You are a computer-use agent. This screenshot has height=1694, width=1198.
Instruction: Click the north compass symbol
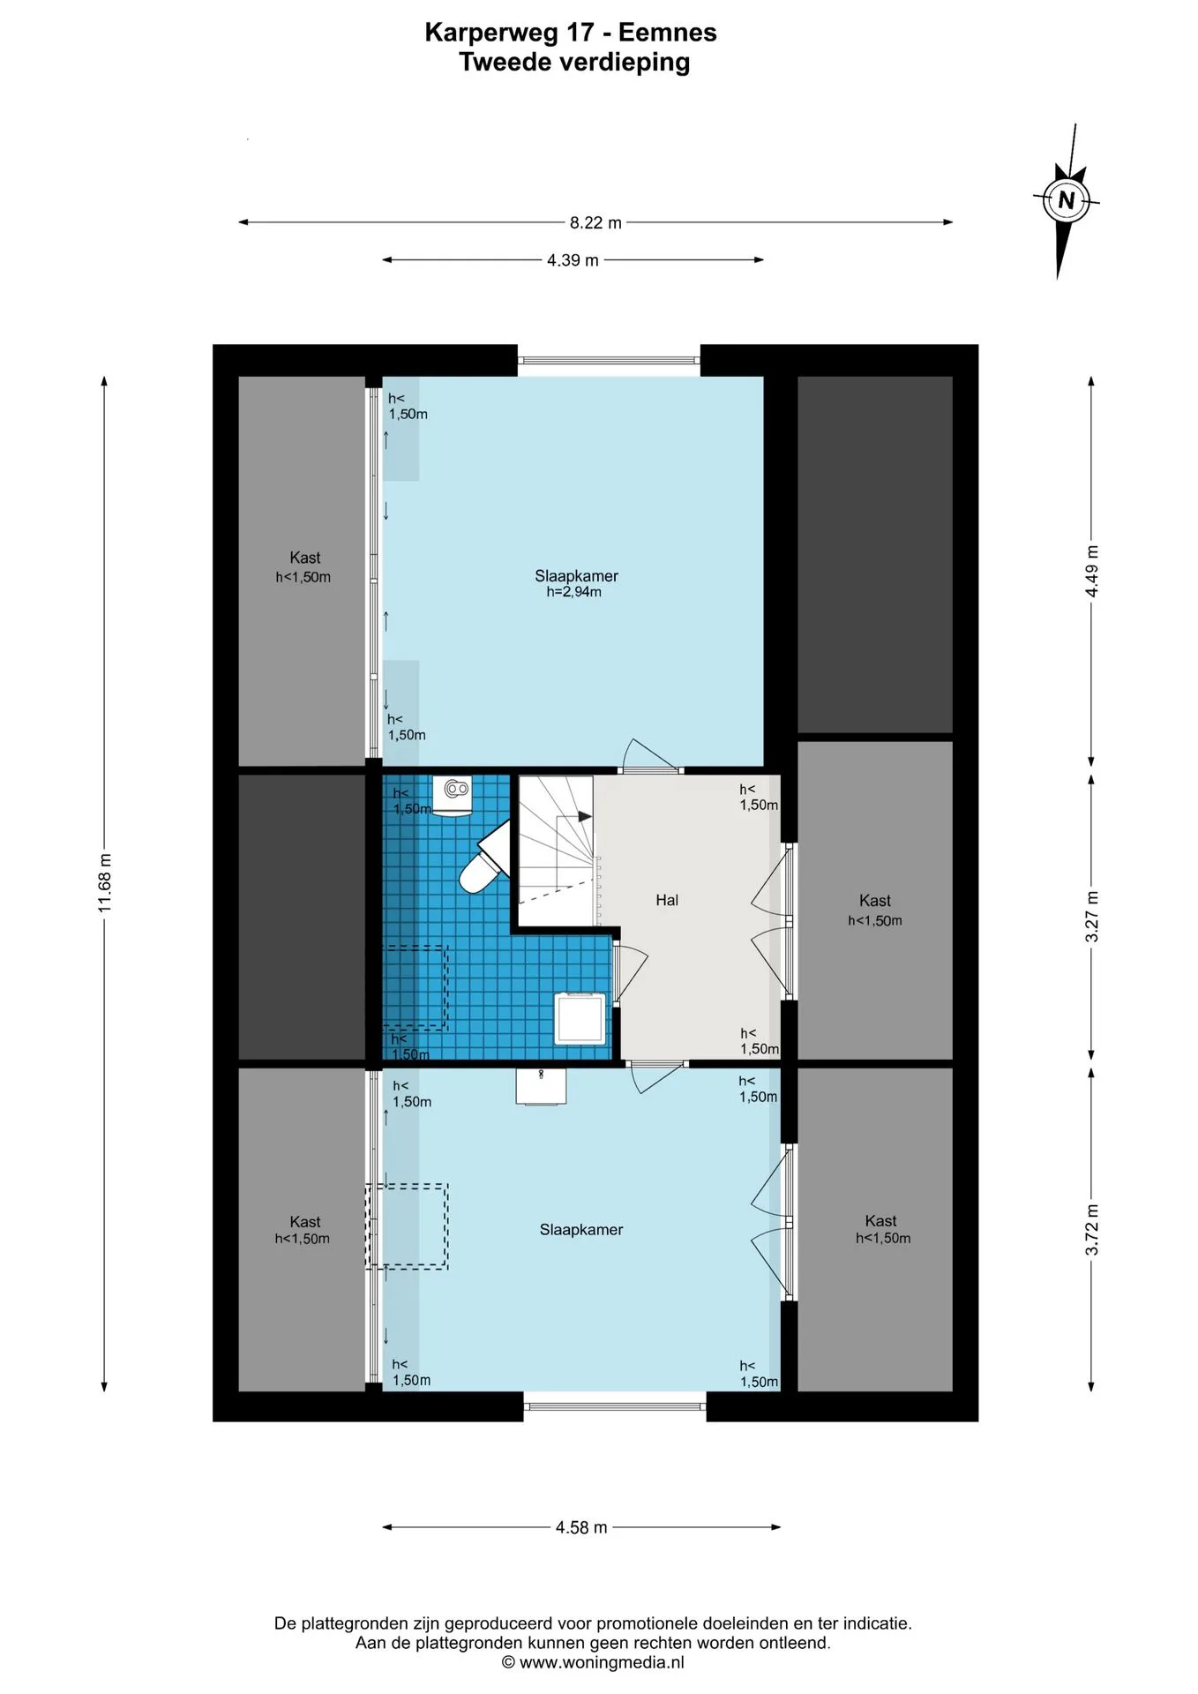[x=1066, y=201]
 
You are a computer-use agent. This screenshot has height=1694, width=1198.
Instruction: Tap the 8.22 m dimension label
[x=595, y=223]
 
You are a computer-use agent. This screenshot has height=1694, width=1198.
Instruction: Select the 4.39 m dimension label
[x=573, y=260]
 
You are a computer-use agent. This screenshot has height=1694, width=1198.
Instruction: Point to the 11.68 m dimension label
[x=105, y=883]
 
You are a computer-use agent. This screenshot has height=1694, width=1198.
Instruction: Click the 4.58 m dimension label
[x=581, y=1527]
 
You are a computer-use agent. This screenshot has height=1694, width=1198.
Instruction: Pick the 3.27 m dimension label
[x=1092, y=917]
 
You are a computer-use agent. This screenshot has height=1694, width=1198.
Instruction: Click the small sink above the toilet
[x=453, y=796]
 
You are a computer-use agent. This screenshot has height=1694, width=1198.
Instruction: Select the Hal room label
[x=667, y=900]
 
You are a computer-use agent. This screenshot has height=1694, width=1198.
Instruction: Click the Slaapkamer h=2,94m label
[x=576, y=583]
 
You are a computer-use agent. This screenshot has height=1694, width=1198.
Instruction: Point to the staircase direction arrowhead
[x=584, y=817]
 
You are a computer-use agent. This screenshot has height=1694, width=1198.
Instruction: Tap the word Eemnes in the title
[x=667, y=33]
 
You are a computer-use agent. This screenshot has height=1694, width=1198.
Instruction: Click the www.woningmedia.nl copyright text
[x=593, y=1663]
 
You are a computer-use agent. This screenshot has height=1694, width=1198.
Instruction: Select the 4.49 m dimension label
[x=1092, y=572]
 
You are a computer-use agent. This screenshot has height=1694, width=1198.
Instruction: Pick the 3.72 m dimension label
[x=1092, y=1230]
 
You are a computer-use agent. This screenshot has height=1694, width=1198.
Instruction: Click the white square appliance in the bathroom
[x=580, y=1018]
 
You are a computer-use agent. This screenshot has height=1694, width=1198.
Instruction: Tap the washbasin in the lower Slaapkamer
[x=541, y=1086]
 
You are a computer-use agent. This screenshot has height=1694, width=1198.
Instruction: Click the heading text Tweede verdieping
[x=574, y=63]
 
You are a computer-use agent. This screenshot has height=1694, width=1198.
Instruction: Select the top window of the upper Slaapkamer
[x=609, y=360]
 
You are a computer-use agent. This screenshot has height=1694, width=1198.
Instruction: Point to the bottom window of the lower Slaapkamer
[x=615, y=1405]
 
